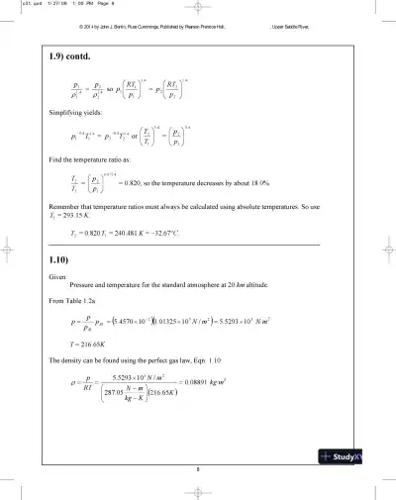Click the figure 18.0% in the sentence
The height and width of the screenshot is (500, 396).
pyautogui.click(x=257, y=183)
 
